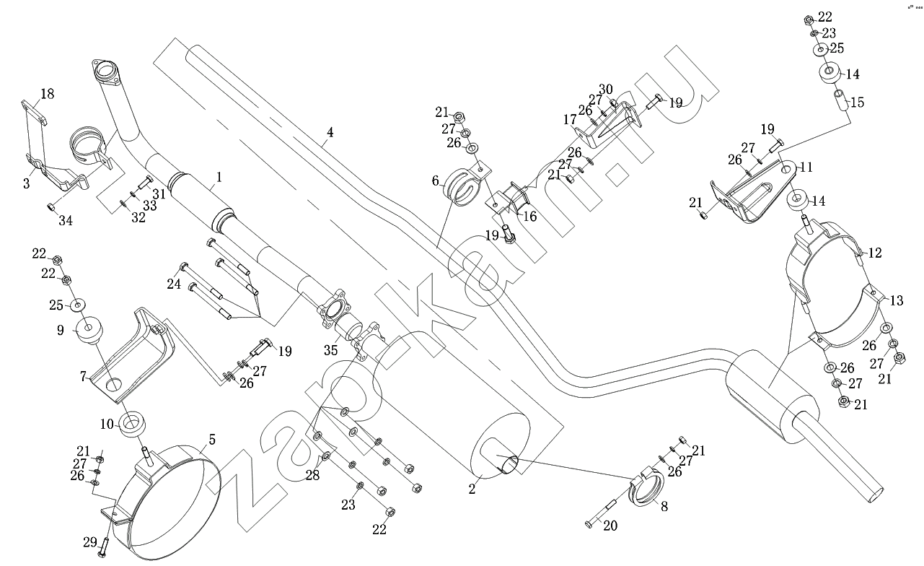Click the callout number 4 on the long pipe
pyautogui.click(x=330, y=133)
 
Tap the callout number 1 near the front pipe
pyautogui.click(x=219, y=175)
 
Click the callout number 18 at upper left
pyautogui.click(x=47, y=94)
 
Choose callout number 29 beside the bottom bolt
pyautogui.click(x=89, y=541)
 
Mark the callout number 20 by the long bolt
pyautogui.click(x=610, y=526)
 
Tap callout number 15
pyautogui.click(x=857, y=103)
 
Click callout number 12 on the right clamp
pyautogui.click(x=875, y=253)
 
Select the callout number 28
pyautogui.click(x=312, y=474)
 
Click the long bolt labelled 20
pyautogui.click(x=601, y=511)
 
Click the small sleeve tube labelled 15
pyautogui.click(x=841, y=99)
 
